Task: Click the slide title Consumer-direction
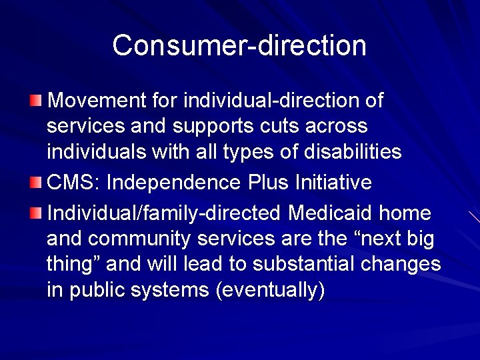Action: coord(239,45)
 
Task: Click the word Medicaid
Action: coord(331,213)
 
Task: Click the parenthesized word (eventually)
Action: coord(269,291)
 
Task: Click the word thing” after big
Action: coord(74,265)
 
